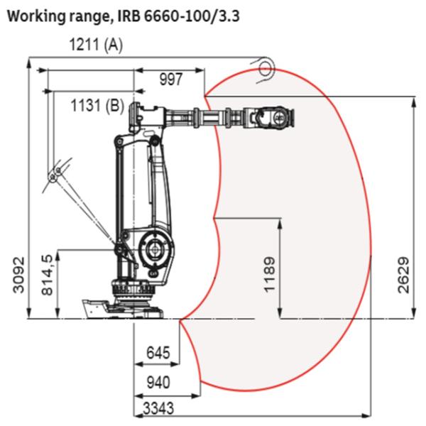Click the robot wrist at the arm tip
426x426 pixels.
click(x=273, y=117)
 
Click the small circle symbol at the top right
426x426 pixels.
click(x=266, y=68)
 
